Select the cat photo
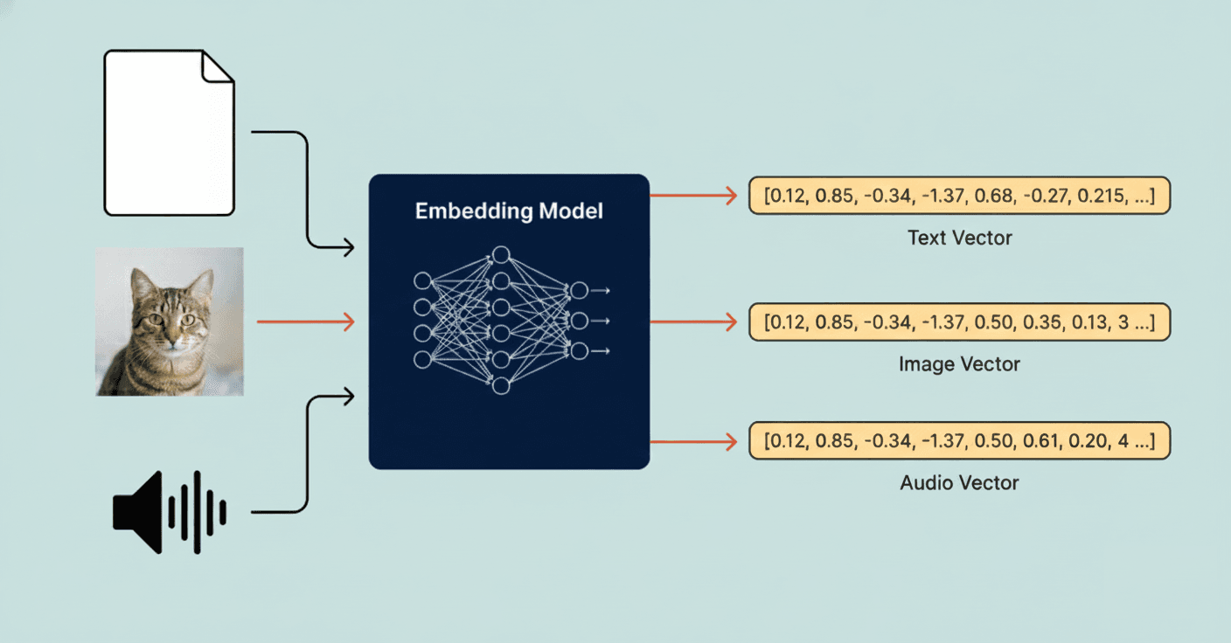point(170,321)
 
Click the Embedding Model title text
point(509,211)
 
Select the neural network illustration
point(509,320)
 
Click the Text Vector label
point(959,238)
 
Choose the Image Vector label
point(959,363)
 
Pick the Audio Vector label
point(959,482)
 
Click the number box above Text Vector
point(959,197)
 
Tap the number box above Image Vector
point(959,322)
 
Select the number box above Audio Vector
point(959,442)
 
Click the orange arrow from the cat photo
point(305,322)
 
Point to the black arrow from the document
point(306,188)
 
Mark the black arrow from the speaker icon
point(306,454)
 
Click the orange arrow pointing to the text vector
point(694,197)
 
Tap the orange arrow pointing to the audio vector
point(694,442)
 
